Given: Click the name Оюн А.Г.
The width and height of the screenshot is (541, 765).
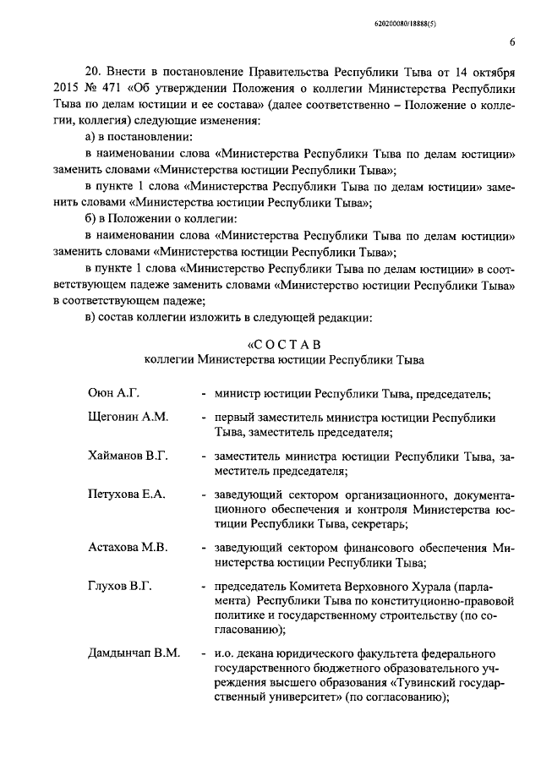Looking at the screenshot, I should [112, 393].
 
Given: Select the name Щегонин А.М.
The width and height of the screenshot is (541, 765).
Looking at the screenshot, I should [128, 418].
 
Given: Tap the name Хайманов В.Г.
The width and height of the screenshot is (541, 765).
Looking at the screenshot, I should [128, 456].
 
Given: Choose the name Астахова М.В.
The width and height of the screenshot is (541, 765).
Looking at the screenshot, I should [128, 547].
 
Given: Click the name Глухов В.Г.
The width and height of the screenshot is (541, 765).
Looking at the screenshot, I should [119, 586].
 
